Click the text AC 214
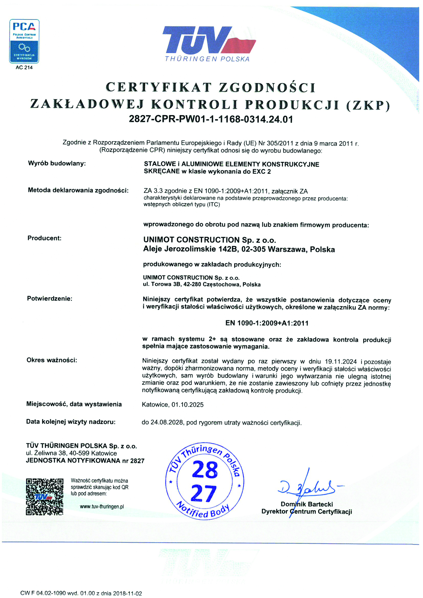(24, 67)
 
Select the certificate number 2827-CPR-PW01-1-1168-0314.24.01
(211, 119)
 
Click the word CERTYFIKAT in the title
(159, 87)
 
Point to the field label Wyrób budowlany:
(57, 163)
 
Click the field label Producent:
(45, 238)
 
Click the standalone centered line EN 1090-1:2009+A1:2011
(267, 323)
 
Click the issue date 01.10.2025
(188, 404)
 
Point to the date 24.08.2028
(167, 422)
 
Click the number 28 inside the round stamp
(205, 470)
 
